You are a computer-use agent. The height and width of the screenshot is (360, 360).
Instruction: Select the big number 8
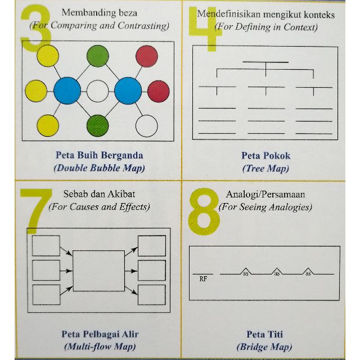(204, 211)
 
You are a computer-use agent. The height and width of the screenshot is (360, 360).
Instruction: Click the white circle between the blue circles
(97, 91)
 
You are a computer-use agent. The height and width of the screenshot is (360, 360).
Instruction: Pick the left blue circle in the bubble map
(67, 91)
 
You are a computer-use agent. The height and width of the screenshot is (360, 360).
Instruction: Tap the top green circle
(97, 56)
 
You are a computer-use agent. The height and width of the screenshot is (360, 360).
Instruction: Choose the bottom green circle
(97, 126)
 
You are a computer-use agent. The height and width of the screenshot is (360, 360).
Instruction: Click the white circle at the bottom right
(147, 126)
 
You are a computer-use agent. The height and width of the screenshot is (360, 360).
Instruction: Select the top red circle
(147, 56)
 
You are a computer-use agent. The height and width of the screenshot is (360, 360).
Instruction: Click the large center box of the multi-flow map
(99, 271)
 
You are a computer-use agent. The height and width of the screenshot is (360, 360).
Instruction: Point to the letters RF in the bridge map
(203, 279)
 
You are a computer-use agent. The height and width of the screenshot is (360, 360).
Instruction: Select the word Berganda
(122, 156)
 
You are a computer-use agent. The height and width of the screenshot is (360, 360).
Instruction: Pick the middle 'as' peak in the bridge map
(277, 272)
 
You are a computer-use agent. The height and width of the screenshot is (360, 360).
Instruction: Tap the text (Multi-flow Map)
(100, 346)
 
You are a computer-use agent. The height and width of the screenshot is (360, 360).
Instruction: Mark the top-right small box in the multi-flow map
(152, 246)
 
